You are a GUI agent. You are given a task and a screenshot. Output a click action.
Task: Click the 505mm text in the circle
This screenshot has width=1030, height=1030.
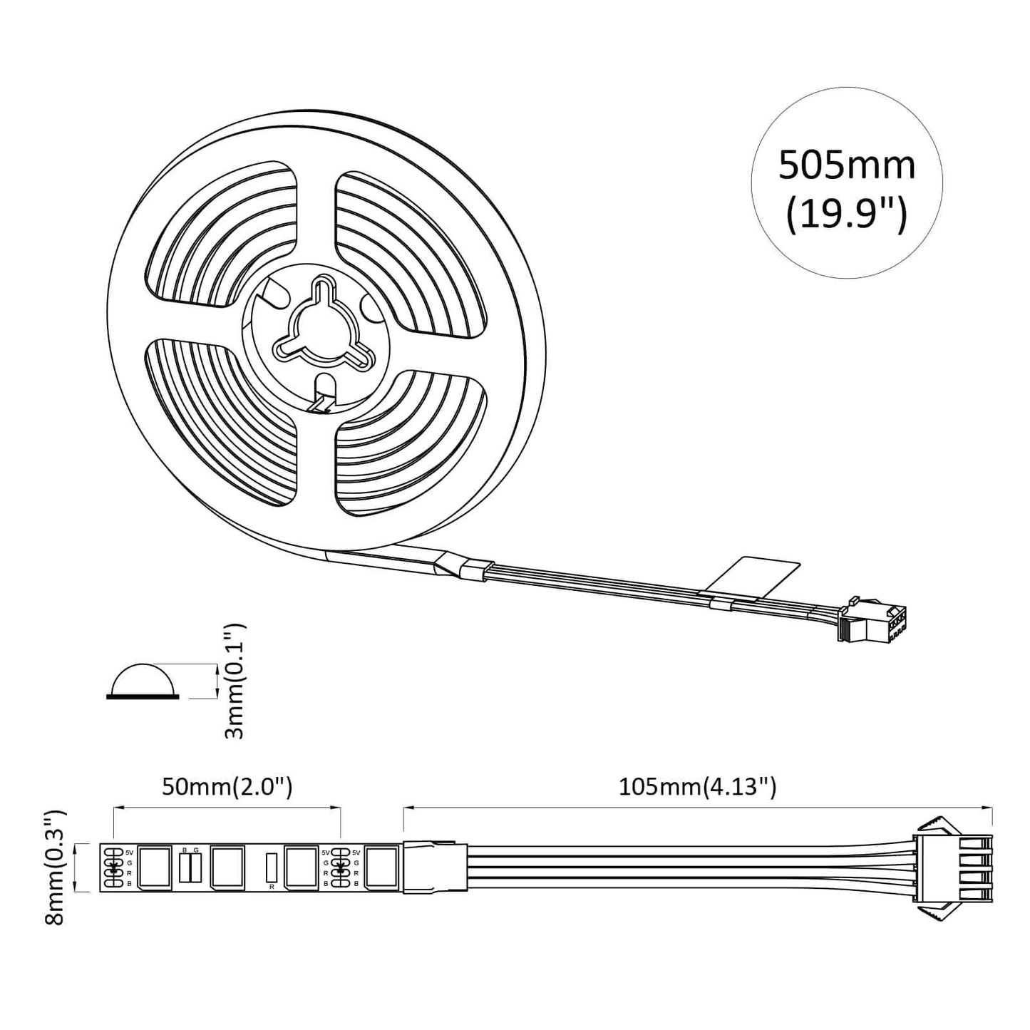(846, 165)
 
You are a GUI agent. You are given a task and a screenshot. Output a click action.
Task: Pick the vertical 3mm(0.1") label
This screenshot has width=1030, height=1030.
(235, 681)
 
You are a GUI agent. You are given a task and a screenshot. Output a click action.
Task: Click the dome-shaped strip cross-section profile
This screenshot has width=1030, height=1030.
(143, 681)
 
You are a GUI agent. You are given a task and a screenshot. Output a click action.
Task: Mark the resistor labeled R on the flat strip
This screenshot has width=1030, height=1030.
(271, 867)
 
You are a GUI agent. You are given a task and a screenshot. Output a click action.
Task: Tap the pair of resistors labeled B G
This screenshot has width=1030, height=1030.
(190, 867)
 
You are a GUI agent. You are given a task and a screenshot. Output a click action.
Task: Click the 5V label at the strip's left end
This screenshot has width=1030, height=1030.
(129, 852)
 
